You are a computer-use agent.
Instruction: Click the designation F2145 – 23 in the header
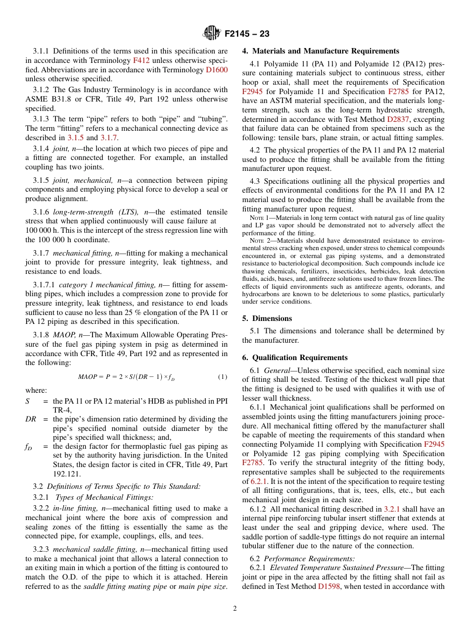(x=247, y=34)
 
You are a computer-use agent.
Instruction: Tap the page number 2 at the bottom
(x=235, y=609)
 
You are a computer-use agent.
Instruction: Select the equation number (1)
(x=223, y=377)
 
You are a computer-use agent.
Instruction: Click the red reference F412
(x=141, y=60)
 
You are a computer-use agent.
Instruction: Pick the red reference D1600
(x=217, y=70)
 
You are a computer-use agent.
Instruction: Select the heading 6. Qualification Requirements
(x=295, y=358)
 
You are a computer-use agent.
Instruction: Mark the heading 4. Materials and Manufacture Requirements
(x=321, y=51)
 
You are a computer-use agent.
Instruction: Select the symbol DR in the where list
(x=31, y=419)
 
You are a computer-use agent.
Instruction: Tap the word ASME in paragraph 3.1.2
(x=37, y=99)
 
